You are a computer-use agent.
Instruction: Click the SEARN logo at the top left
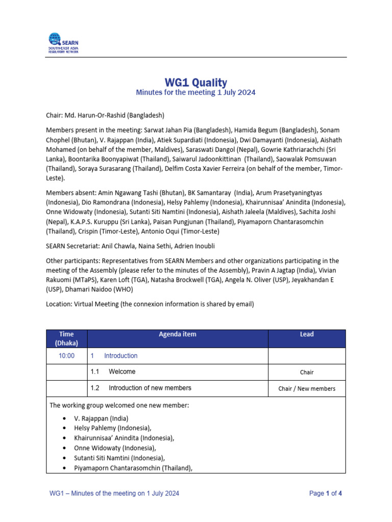pyautogui.click(x=63, y=43)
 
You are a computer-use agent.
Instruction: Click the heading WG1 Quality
pyautogui.click(x=195, y=83)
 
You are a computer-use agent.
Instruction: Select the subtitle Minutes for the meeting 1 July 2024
pyautogui.click(x=195, y=93)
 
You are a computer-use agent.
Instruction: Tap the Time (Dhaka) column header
pyautogui.click(x=67, y=338)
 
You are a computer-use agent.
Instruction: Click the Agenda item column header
pyautogui.click(x=178, y=334)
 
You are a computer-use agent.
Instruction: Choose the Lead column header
pyautogui.click(x=307, y=334)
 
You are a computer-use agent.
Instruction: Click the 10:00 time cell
pyautogui.click(x=67, y=356)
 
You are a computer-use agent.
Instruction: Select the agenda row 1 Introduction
pyautogui.click(x=120, y=356)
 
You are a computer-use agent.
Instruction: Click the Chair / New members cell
pyautogui.click(x=307, y=388)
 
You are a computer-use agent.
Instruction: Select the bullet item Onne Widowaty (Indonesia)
pyautogui.click(x=115, y=448)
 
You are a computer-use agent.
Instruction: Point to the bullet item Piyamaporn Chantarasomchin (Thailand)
pyautogui.click(x=133, y=467)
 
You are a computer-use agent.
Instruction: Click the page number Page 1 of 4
pyautogui.click(x=326, y=493)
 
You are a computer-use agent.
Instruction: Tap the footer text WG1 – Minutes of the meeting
pyautogui.click(x=114, y=493)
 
